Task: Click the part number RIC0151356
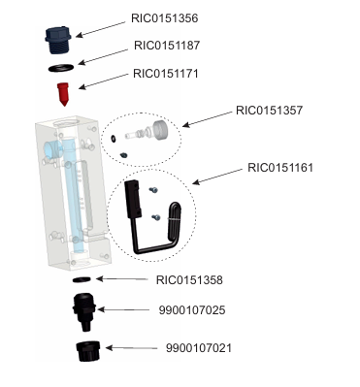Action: pos(164,18)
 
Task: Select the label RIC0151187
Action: pos(167,46)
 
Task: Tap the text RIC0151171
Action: pos(166,74)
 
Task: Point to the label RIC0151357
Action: pos(269,111)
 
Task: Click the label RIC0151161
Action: pos(280,168)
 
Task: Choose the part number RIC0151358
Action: pos(189,280)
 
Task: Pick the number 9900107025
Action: pos(192,310)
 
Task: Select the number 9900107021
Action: pos(199,348)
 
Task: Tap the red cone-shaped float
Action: pos(63,94)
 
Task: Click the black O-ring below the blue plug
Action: pos(61,68)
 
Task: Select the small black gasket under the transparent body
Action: pos(82,279)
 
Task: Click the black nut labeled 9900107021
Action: pos(88,351)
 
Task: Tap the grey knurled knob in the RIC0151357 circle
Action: pos(160,130)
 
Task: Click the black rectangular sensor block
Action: pos(133,199)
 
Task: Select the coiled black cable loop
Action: pos(175,221)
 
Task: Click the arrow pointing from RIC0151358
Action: pos(122,279)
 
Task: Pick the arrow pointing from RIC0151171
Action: pos(104,81)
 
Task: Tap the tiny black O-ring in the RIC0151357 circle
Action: pos(113,139)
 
